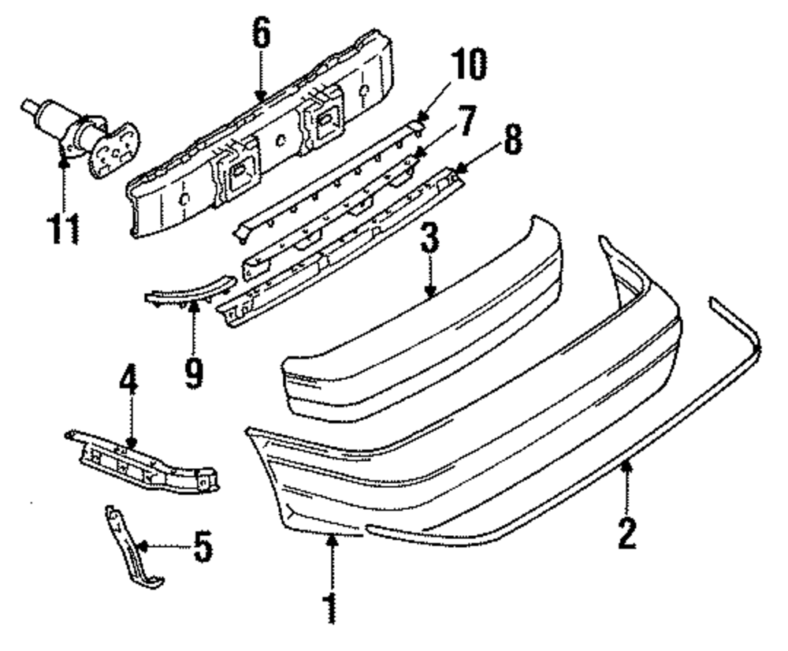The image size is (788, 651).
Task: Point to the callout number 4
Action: point(128,381)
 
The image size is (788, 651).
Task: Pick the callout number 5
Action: point(203,546)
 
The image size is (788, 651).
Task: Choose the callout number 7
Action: point(466,121)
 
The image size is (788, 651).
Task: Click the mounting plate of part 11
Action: point(111,150)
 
